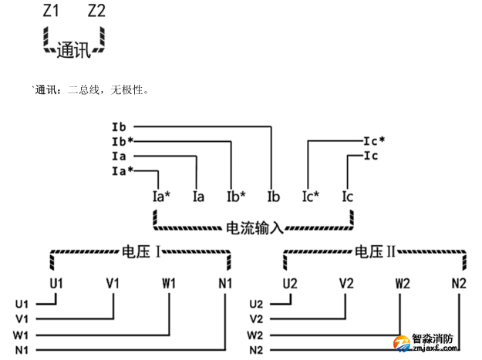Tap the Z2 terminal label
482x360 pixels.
coord(97,12)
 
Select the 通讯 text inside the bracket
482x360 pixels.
coord(74,50)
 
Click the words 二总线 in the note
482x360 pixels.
coord(84,90)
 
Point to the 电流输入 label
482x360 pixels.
coord(255,228)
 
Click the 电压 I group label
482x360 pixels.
coord(141,251)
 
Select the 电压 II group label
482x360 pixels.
coord(375,251)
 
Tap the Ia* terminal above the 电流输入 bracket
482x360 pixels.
coord(161,197)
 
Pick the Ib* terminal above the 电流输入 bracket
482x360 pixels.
coord(236,197)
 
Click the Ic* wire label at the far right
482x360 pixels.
coord(374,141)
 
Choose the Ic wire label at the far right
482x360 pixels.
coord(371,156)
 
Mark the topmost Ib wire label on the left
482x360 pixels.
coord(119,126)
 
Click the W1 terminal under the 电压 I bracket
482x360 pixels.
coord(169,283)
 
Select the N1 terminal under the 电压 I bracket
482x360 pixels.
coord(225,283)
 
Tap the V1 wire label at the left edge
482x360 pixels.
coord(22,318)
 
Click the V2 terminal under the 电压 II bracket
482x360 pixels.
coord(346,283)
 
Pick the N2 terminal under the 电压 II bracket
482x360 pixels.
coord(459,283)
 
